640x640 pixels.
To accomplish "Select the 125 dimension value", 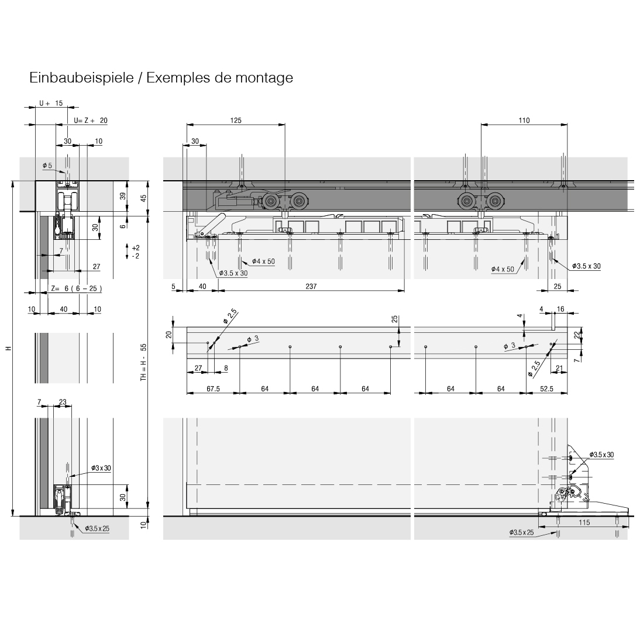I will click(235, 121).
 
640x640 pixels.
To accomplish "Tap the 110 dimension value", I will click(524, 121).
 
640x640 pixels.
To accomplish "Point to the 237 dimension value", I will click(311, 286).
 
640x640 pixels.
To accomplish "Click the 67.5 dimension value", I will click(213, 388).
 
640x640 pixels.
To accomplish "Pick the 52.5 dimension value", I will click(547, 388).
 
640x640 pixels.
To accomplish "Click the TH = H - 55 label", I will click(143, 363).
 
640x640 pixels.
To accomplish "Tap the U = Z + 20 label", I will click(91, 121).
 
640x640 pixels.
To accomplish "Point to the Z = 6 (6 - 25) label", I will click(77, 288).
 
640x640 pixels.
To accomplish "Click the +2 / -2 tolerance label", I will click(135, 252).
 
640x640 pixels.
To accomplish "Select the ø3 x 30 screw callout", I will click(101, 468).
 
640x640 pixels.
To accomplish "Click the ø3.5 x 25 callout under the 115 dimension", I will click(522, 532).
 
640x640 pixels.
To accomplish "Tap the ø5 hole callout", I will click(47, 166).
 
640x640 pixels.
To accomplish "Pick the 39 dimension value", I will click(123, 197).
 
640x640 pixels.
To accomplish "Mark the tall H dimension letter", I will click(8, 349).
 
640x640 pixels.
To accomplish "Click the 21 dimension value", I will click(559, 367).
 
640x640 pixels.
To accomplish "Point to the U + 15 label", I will click(51, 103).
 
